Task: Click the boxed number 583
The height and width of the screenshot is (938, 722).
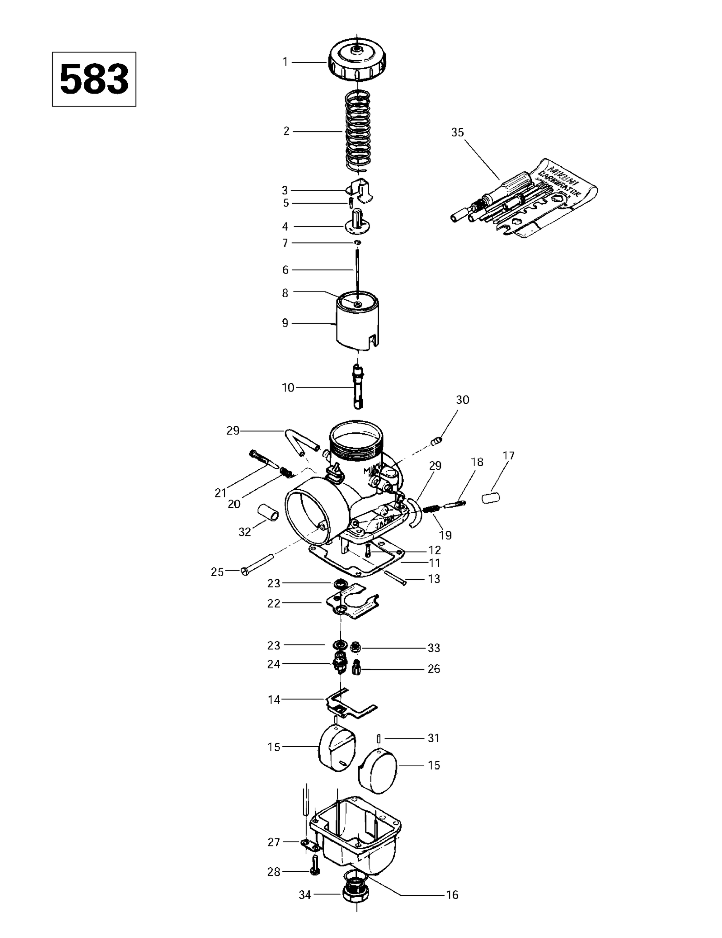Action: pyautogui.click(x=94, y=79)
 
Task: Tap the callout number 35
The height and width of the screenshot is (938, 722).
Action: pyautogui.click(x=458, y=132)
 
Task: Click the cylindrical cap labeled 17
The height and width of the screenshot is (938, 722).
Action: pyautogui.click(x=490, y=498)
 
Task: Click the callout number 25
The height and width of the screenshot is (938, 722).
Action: pyautogui.click(x=217, y=572)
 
